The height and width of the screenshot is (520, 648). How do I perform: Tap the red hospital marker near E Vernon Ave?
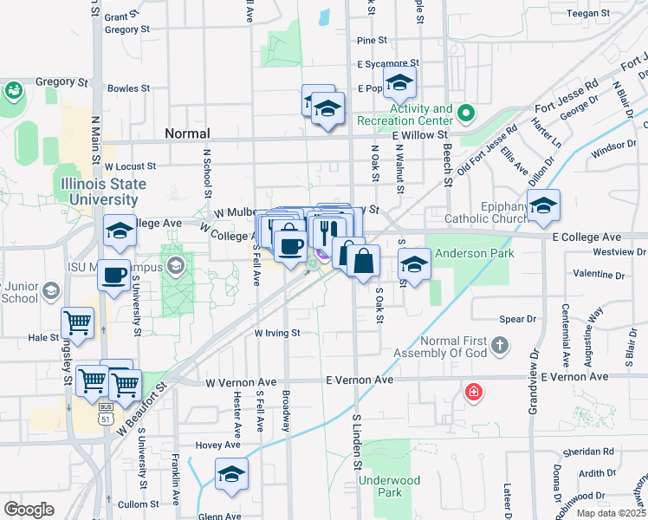(x=473, y=392)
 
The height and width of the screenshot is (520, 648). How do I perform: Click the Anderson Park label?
(x=475, y=253)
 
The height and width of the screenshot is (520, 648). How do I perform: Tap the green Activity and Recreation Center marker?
(x=466, y=114)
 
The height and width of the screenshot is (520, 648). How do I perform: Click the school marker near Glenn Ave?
(x=231, y=475)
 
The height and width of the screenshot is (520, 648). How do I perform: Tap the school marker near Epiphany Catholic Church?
(x=543, y=205)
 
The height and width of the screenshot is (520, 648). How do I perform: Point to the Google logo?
(x=29, y=509)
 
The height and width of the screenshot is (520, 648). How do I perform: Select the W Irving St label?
(x=276, y=332)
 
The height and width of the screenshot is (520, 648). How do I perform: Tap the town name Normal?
(x=187, y=133)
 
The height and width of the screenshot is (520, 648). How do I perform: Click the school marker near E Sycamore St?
(x=399, y=82)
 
